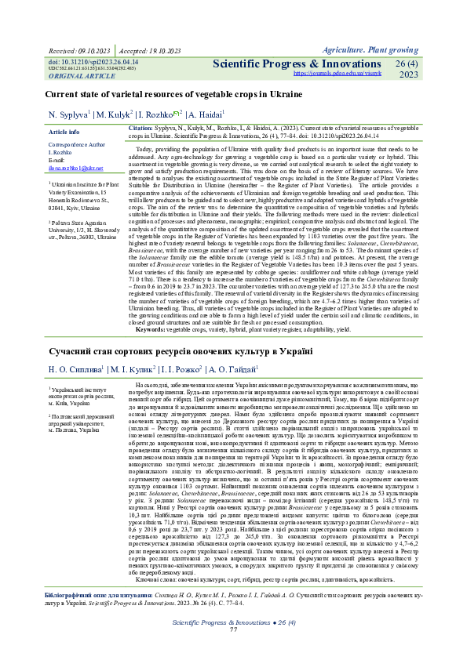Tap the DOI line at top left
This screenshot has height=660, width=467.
coord(93,60)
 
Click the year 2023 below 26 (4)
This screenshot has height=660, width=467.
coord(409,75)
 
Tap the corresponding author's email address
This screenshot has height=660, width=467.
coord(76,169)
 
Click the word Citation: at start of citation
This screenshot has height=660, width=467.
coord(140,127)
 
